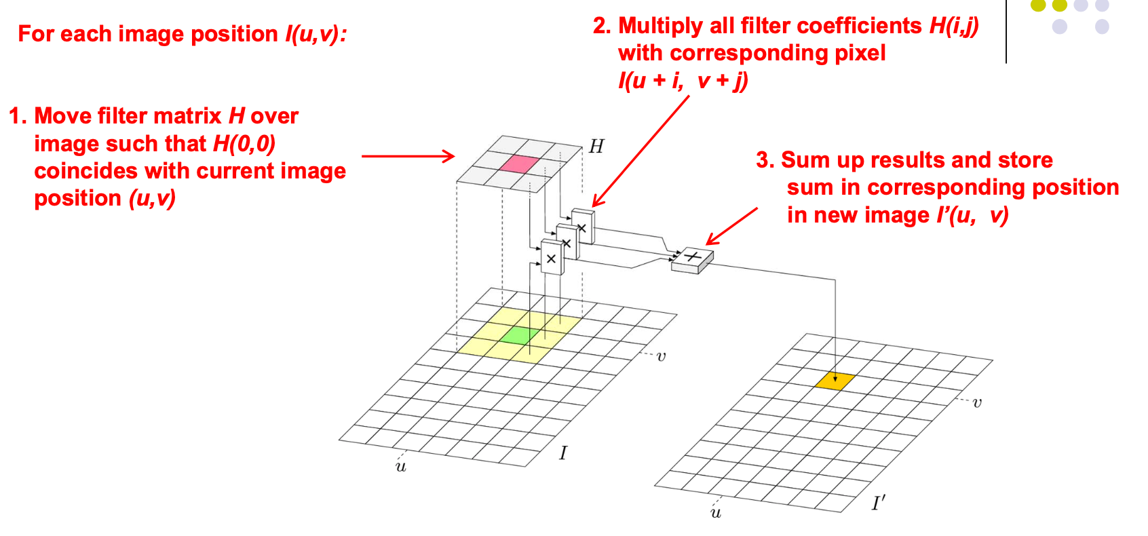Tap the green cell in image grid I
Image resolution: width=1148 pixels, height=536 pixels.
point(520,334)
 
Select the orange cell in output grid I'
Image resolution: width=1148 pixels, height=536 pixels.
point(835,381)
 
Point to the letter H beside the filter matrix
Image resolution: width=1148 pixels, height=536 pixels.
point(596,147)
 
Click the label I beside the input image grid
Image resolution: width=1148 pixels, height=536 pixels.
point(563,453)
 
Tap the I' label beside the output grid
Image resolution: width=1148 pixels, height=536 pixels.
point(879,503)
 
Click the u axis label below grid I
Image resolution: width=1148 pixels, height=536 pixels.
point(401,467)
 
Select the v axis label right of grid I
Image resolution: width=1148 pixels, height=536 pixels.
point(661,356)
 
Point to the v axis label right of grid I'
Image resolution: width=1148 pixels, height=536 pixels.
point(977,403)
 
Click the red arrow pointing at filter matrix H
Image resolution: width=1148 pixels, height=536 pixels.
point(408,156)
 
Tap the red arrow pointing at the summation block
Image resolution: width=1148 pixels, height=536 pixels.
point(731,226)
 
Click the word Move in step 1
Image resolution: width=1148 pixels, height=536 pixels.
point(63,116)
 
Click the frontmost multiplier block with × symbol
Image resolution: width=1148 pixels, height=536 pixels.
point(552,259)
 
